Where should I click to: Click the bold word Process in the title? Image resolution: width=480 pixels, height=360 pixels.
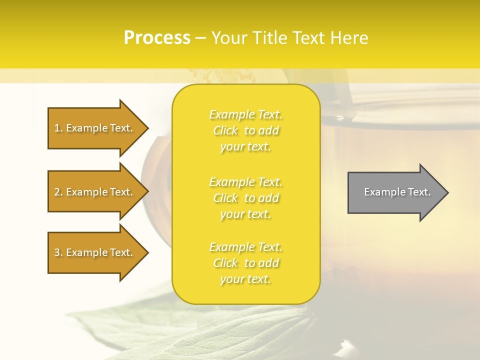click(x=157, y=38)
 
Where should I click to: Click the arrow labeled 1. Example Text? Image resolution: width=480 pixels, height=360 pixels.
click(x=95, y=128)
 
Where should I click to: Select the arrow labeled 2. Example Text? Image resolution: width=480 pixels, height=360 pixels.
click(x=95, y=192)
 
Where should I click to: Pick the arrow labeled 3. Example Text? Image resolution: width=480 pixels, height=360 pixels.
click(x=95, y=252)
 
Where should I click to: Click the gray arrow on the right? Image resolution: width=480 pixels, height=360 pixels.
click(x=395, y=192)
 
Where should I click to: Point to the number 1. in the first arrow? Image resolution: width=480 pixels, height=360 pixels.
click(x=58, y=128)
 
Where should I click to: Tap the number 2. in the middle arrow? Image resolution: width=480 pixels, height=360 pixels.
click(x=58, y=192)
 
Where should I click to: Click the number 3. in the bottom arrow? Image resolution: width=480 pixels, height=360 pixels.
click(x=58, y=252)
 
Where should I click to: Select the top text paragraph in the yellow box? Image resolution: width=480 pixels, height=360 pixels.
click(x=246, y=130)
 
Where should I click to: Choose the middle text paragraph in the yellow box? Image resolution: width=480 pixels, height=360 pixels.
click(x=246, y=198)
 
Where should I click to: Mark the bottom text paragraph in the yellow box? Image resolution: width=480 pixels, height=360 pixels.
click(x=246, y=263)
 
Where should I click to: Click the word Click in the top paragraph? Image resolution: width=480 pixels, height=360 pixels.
click(x=225, y=130)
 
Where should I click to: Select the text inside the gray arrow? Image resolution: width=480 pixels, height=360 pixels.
click(x=397, y=192)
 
